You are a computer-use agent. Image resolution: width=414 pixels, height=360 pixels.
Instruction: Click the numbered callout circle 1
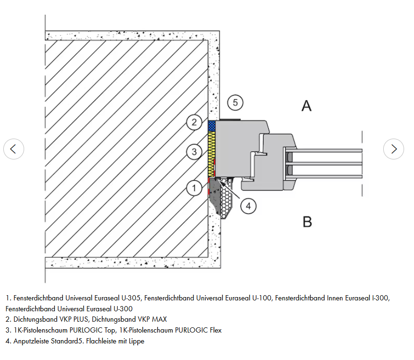point(194,188)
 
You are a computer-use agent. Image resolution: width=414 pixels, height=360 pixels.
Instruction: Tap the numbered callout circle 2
point(194,123)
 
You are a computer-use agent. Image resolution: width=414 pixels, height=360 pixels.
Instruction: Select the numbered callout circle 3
point(194,152)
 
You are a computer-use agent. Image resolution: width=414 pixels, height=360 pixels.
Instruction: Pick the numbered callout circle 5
point(235,102)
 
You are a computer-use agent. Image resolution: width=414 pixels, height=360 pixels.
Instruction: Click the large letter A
point(307,105)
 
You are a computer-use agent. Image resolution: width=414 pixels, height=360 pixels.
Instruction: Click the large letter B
point(307,221)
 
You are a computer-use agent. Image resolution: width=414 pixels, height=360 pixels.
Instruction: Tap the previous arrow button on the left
point(13,149)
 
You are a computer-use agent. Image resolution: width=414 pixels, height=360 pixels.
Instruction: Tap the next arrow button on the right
point(394,149)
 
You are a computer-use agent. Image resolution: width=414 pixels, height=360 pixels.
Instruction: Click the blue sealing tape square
point(211,125)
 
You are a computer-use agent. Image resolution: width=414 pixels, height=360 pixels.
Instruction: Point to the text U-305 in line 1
point(131,298)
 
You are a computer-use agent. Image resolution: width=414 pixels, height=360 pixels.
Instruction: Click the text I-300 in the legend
point(379,298)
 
